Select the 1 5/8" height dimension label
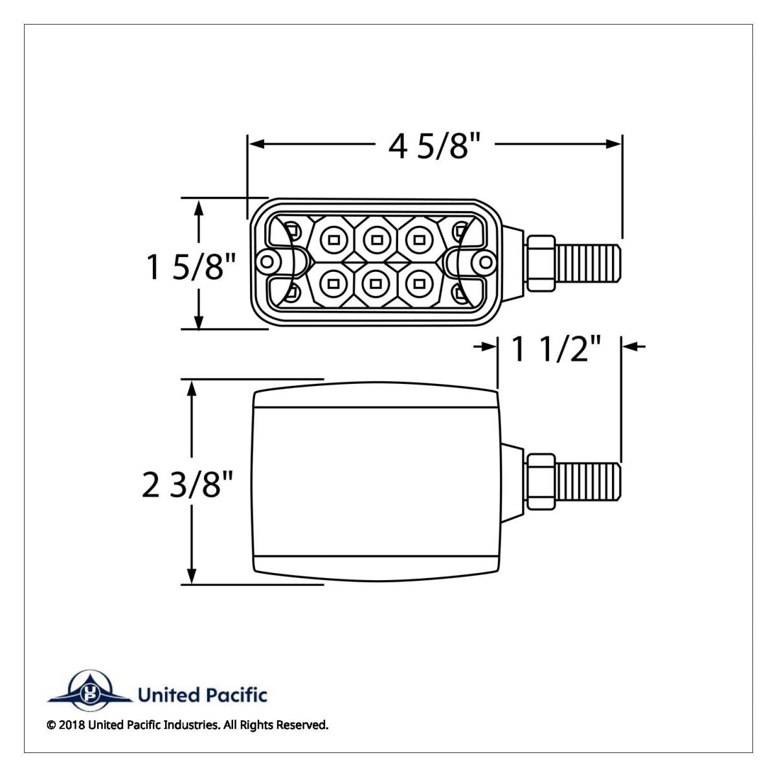click(192, 266)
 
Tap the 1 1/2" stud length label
click(557, 350)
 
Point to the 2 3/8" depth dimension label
click(187, 484)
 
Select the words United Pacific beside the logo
click(201, 695)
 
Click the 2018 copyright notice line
click(188, 725)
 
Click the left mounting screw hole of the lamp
click(265, 262)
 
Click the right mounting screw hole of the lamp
click(483, 262)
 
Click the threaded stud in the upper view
click(588, 262)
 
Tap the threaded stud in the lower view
click(588, 481)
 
